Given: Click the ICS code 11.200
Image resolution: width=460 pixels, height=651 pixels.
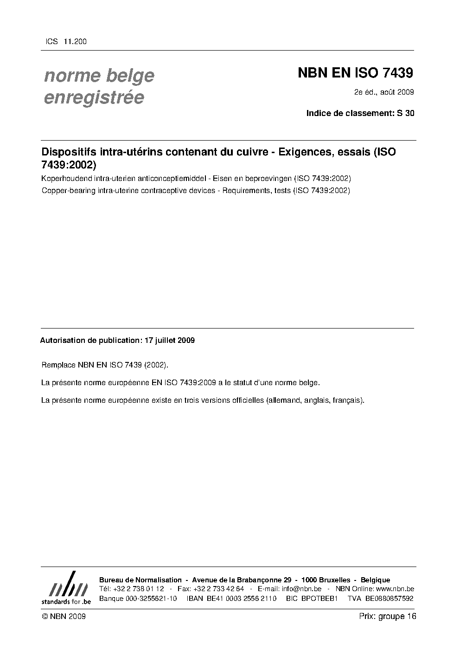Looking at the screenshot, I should click(x=75, y=42).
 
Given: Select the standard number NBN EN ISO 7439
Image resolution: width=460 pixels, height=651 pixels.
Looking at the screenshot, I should click(x=355, y=73).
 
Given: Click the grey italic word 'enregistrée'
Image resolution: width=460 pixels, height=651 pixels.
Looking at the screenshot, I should click(x=94, y=98).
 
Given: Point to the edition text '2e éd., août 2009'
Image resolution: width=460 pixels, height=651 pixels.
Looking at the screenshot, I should click(x=384, y=92).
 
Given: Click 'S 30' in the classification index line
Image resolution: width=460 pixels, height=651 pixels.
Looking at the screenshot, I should click(x=406, y=113).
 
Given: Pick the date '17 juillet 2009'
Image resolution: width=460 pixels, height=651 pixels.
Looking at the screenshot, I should click(x=170, y=341).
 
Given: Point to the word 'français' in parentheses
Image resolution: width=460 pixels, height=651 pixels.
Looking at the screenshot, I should click(x=348, y=400).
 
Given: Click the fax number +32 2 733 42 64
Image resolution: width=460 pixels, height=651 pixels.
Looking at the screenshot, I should click(x=217, y=589).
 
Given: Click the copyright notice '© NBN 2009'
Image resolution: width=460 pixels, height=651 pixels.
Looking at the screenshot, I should click(x=64, y=616).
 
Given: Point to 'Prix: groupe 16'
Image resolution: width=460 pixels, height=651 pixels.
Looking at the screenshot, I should click(x=388, y=616).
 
